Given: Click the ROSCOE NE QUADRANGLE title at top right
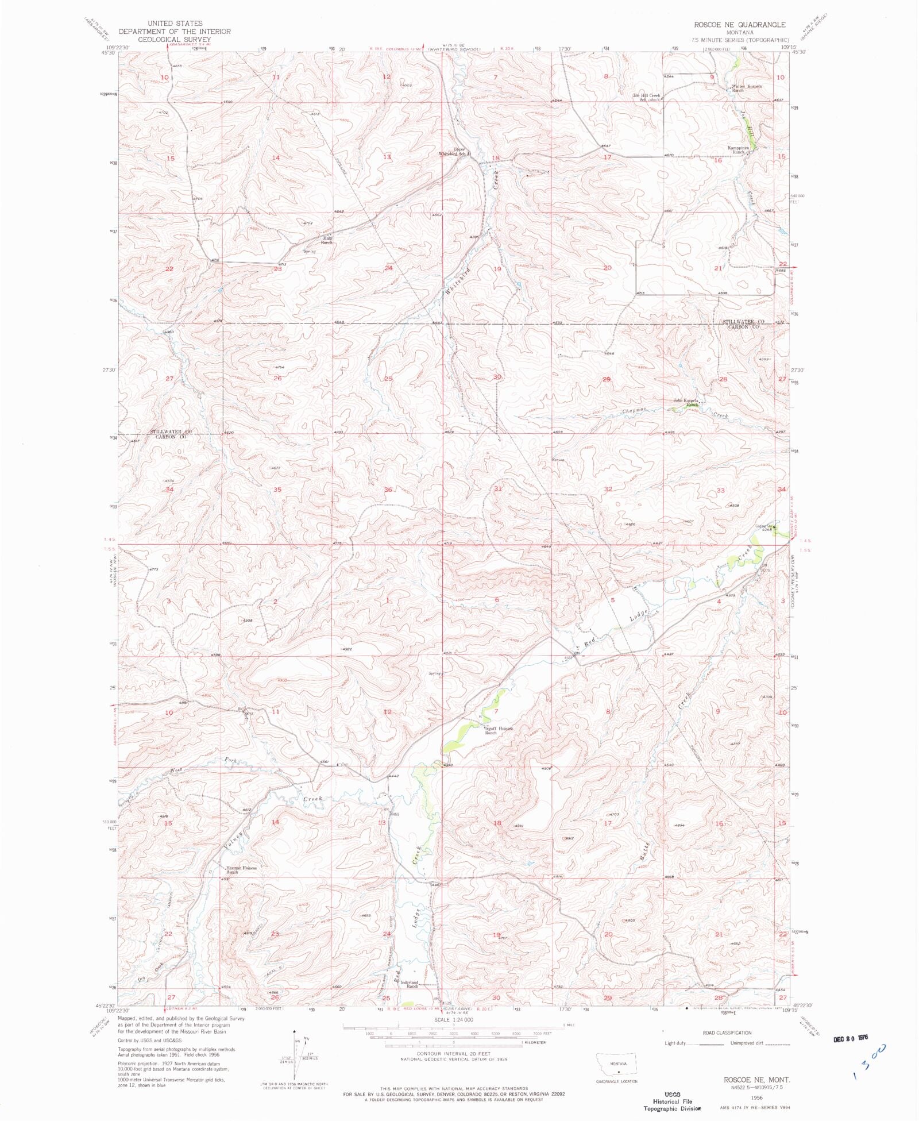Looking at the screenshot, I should click(739, 25).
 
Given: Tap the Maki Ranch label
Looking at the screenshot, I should click(326, 240).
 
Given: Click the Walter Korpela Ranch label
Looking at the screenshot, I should click(746, 88).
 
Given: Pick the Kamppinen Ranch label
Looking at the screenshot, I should click(740, 150).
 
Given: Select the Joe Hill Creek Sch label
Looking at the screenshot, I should click(646, 97).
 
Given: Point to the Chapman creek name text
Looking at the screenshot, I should click(635, 410).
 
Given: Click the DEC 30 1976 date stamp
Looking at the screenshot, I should click(855, 1039).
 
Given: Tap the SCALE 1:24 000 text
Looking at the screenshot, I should click(454, 1019).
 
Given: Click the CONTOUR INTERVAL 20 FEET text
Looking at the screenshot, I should click(453, 1053).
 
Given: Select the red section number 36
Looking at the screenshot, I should click(388, 490).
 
